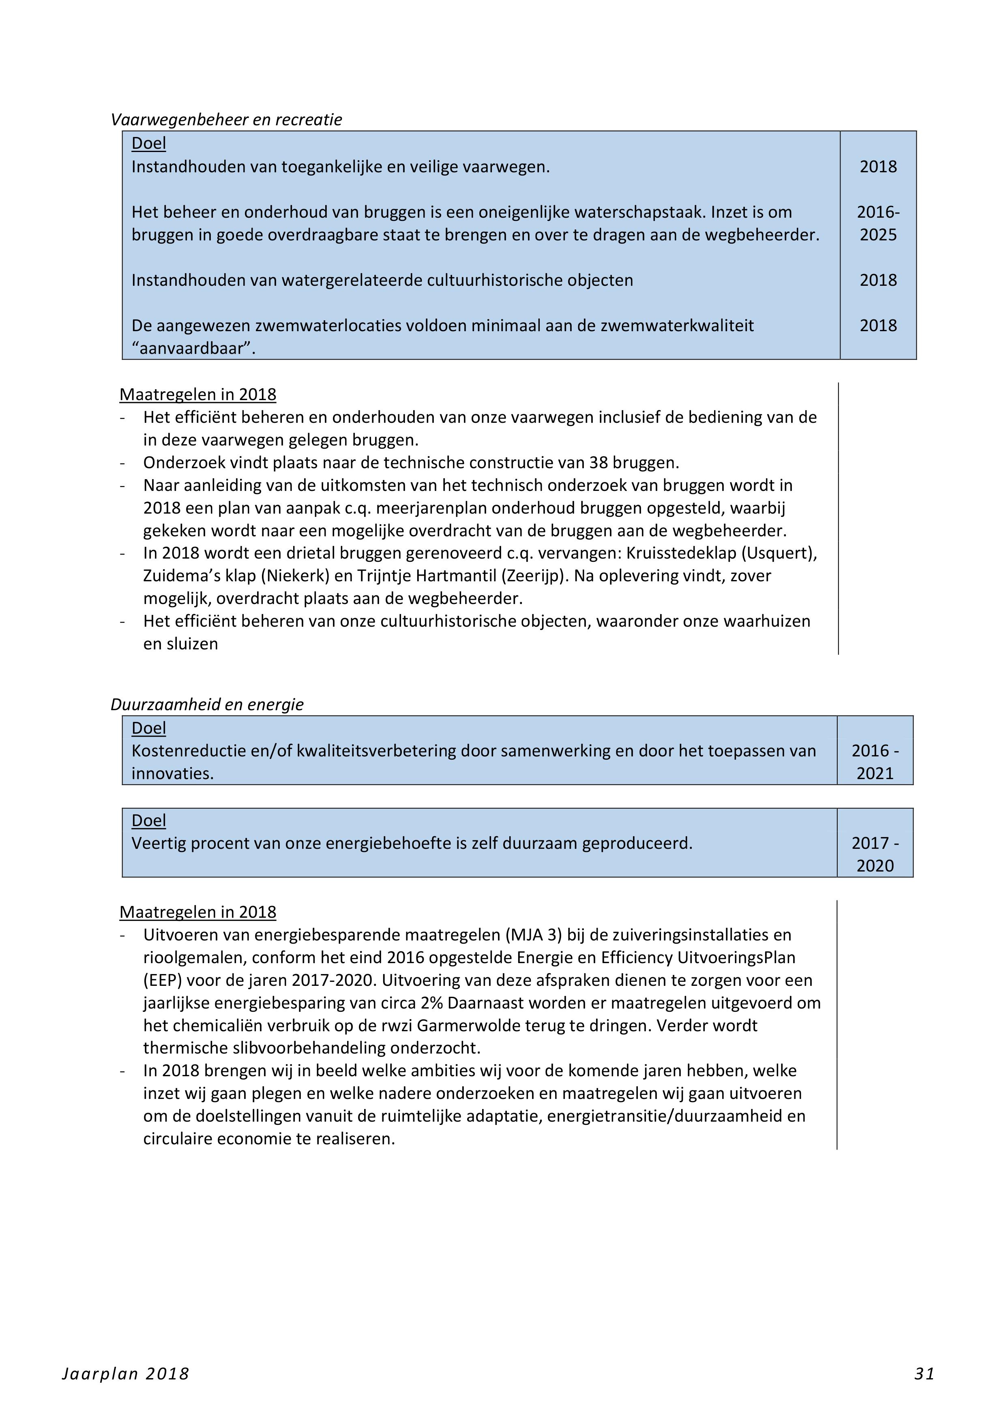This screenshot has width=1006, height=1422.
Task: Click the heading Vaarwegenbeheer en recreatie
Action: pos(226,120)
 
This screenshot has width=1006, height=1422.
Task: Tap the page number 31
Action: pos(924,1374)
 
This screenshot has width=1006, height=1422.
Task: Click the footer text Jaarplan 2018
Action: pos(125,1374)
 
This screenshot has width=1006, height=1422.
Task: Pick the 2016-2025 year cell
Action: pos(878,224)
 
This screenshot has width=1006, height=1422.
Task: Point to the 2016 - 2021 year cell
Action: pos(875,762)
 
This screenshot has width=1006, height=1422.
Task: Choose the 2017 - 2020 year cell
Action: pos(875,854)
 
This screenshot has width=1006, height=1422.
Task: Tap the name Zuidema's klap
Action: pos(199,576)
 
